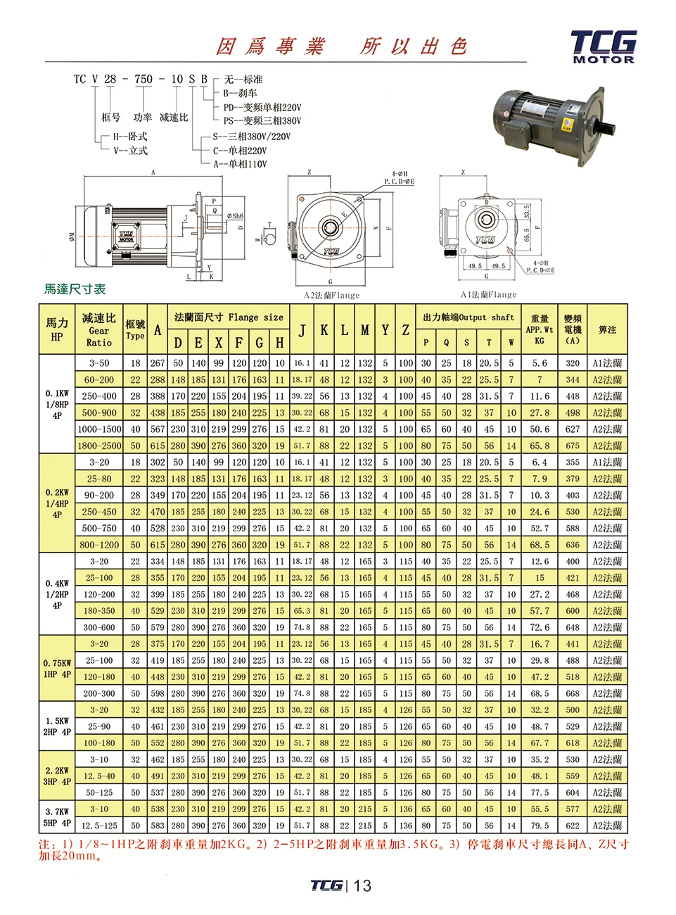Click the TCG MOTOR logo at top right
604,46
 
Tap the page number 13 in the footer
362,885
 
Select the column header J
302,330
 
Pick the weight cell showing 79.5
540,826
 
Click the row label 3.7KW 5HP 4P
56,817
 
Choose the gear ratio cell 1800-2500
99,446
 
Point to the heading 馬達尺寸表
75,289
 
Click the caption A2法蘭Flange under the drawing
331,296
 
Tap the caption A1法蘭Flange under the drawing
488,295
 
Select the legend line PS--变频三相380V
262,121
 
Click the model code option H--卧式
130,137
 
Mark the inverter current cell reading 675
573,446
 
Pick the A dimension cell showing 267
158,363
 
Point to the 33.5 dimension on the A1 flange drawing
527,211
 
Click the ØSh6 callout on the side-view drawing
235,216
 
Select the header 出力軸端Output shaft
468,317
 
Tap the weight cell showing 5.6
540,363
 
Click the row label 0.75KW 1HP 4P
56,669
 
